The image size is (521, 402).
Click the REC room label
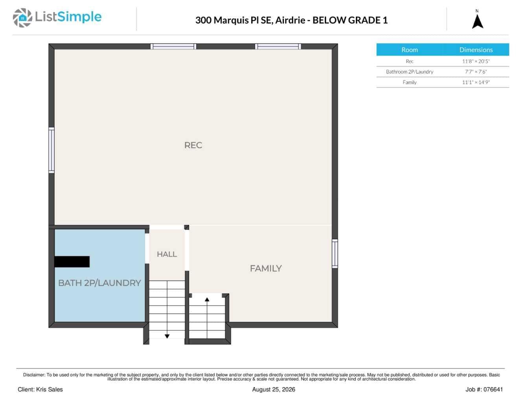(x=193, y=145)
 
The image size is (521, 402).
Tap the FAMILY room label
(x=266, y=268)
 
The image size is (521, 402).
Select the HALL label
(x=167, y=254)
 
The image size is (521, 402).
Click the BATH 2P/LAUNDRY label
(x=99, y=283)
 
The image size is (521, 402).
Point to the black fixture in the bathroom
(x=72, y=262)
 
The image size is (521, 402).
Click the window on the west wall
(x=52, y=150)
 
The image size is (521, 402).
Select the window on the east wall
(x=335, y=253)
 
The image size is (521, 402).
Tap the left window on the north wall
(x=173, y=46)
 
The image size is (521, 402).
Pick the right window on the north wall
(x=278, y=46)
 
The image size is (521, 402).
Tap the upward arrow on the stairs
(x=207, y=318)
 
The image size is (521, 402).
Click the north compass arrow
(x=478, y=22)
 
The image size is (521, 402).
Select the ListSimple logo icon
(x=22, y=18)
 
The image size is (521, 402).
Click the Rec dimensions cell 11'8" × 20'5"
(x=476, y=61)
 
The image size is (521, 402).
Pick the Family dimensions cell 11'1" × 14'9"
(x=476, y=83)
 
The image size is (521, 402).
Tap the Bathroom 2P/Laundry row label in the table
(x=409, y=72)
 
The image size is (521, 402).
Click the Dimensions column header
(x=476, y=50)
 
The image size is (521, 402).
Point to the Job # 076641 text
(x=484, y=389)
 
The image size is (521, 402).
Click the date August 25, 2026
(x=274, y=390)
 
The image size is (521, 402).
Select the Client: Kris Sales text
(x=40, y=389)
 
